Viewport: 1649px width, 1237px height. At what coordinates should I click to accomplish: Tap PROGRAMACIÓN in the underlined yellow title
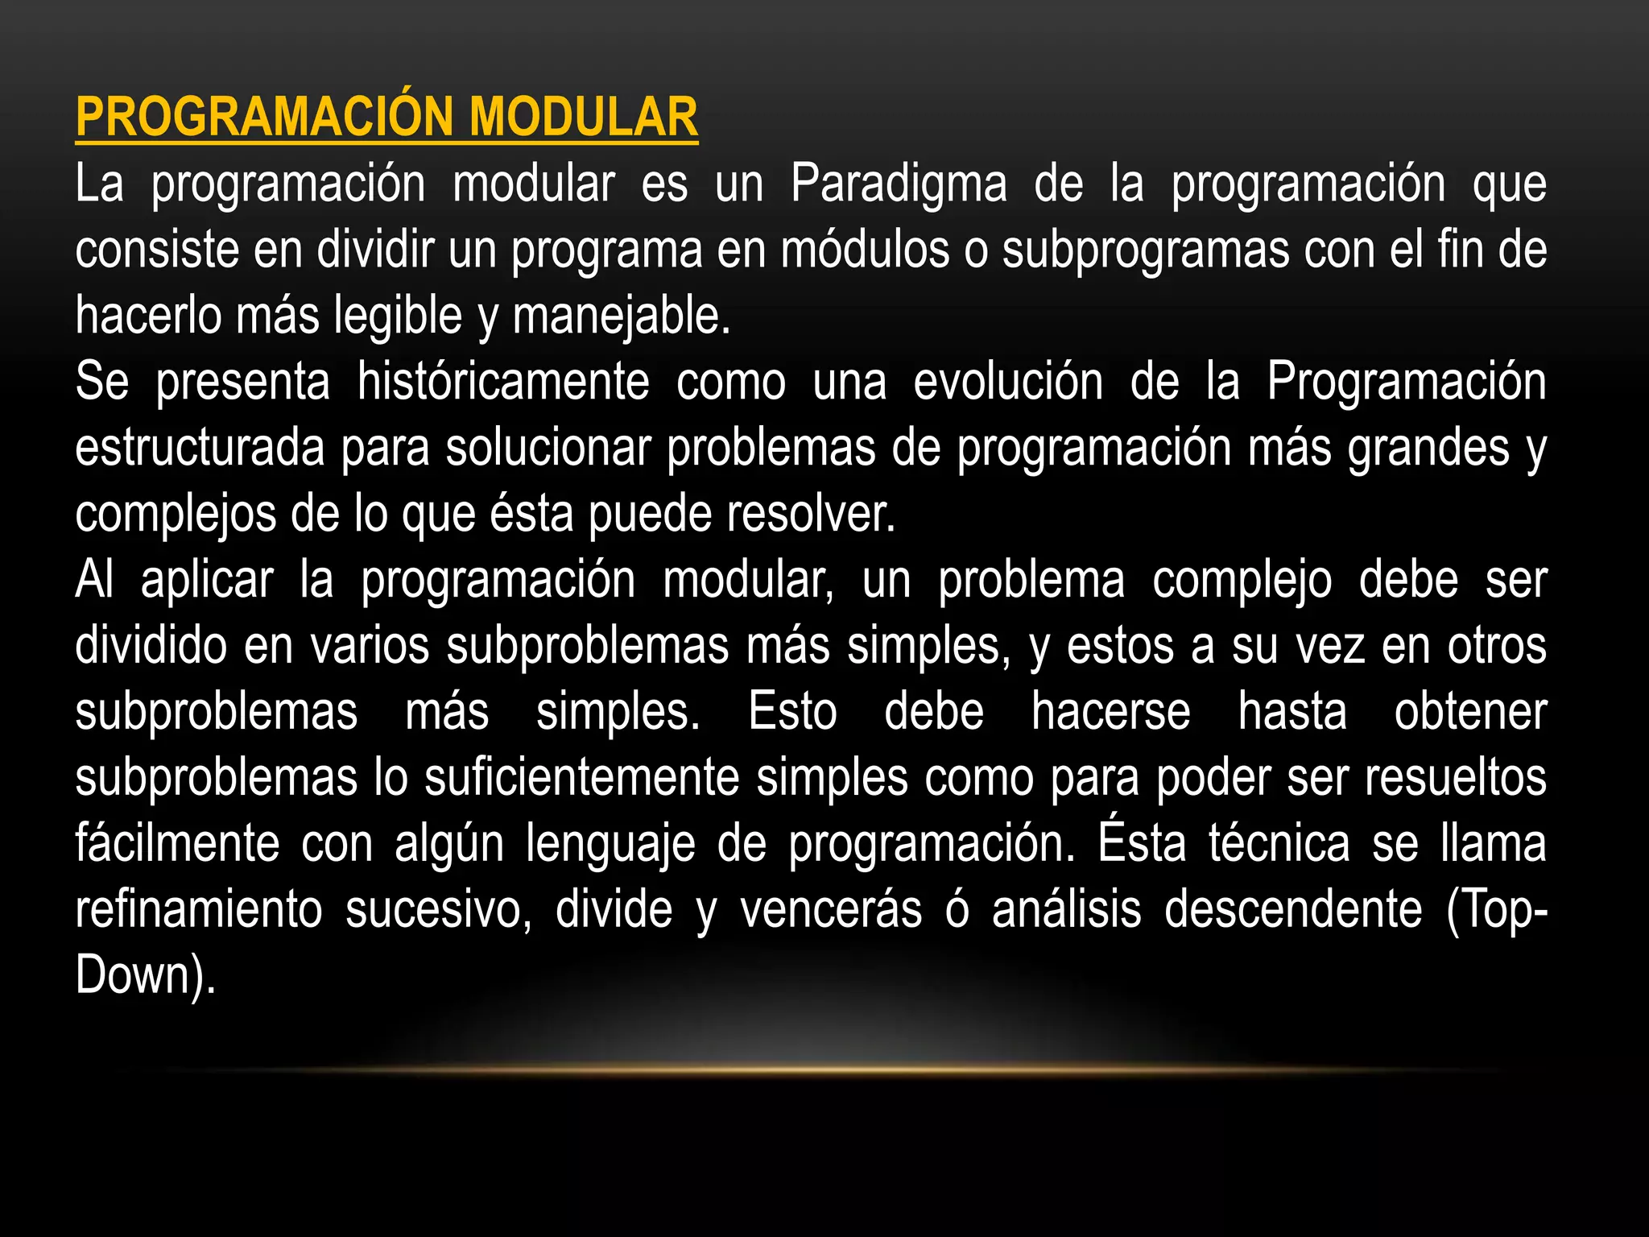pos(265,118)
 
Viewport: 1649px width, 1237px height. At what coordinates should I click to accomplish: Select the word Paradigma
pos(899,184)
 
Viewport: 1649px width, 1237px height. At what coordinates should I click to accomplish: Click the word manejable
pos(621,316)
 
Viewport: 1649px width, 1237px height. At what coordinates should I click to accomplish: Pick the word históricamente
pos(503,382)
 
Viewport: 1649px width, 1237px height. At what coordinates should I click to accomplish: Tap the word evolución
pos(1008,382)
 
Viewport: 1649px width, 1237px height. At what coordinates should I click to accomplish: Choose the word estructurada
pos(200,449)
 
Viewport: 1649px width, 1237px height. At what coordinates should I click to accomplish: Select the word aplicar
pos(207,581)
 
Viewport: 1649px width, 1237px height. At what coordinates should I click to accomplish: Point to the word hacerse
pos(1111,713)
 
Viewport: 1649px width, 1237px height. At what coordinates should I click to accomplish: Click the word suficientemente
pos(582,779)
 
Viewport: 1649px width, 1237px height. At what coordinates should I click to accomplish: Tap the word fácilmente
pos(177,845)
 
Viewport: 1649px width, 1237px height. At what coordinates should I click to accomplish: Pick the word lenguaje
pos(611,845)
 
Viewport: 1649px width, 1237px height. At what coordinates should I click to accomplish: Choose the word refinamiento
pos(199,911)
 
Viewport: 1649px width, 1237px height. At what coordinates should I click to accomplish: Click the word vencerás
pos(831,911)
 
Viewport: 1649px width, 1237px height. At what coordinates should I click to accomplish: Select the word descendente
pos(1293,911)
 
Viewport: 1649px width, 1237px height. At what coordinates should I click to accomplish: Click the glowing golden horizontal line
pos(824,1070)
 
